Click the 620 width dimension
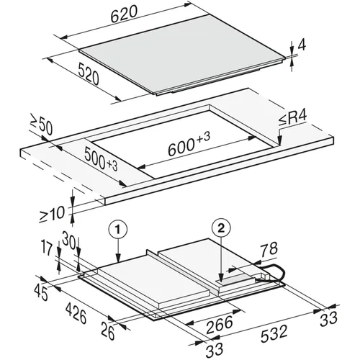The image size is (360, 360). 125,14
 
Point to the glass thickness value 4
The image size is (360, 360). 302,45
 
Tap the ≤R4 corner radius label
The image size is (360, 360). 293,118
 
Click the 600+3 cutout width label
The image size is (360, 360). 189,144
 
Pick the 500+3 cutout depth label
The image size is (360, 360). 101,159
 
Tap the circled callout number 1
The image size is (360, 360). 117,230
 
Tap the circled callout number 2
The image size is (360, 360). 221,228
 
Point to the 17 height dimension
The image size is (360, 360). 47,248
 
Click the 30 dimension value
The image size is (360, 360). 69,241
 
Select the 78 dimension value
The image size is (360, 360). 269,249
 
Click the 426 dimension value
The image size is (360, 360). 76,313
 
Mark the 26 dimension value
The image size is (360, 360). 108,331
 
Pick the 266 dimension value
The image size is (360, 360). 220,325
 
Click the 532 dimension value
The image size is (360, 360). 274,333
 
